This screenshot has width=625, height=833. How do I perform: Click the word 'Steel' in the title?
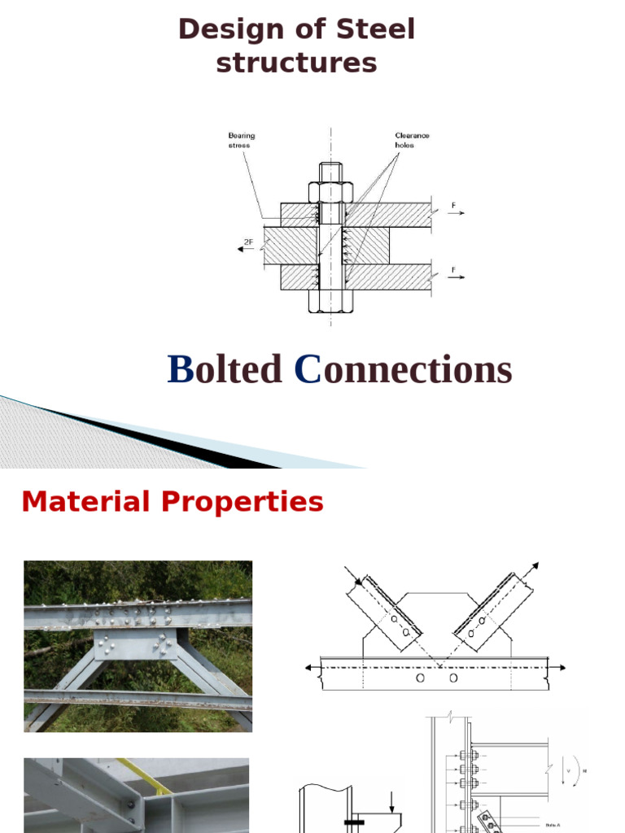click(x=374, y=30)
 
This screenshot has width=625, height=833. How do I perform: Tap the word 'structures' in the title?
click(x=296, y=63)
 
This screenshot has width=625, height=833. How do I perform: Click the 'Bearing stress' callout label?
click(x=241, y=140)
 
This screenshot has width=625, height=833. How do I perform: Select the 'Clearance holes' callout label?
click(x=412, y=140)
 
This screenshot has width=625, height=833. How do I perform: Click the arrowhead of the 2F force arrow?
click(x=240, y=250)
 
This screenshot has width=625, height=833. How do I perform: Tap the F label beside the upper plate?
click(x=453, y=205)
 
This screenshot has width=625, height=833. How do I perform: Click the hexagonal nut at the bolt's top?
click(x=330, y=193)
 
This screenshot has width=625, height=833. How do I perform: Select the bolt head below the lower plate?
click(x=330, y=300)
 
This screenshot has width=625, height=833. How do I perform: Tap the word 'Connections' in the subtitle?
click(x=404, y=370)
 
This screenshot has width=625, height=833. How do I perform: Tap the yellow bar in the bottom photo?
click(x=146, y=778)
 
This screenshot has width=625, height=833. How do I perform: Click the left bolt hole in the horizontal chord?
click(x=419, y=677)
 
